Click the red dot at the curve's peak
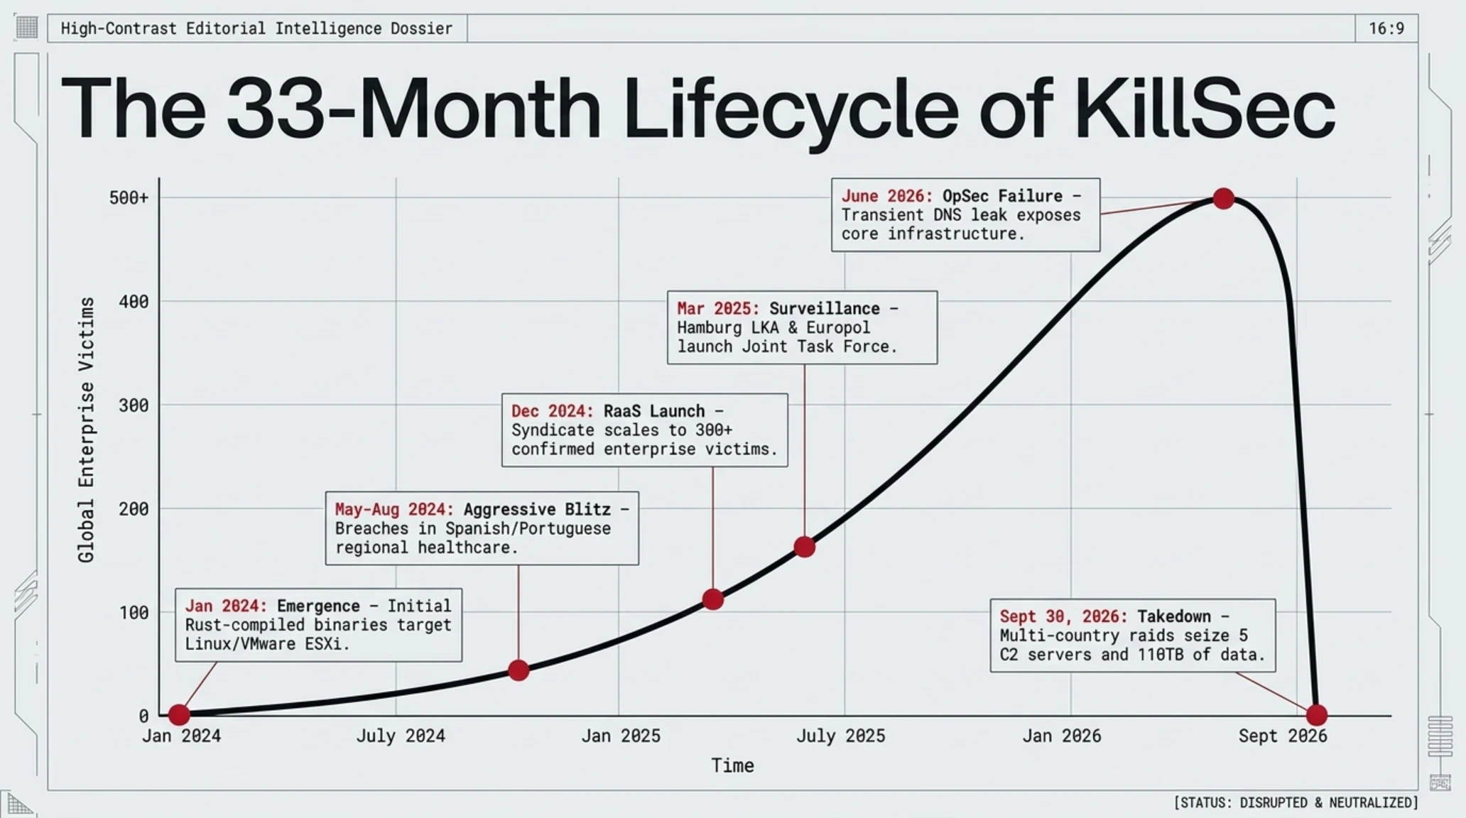click(1223, 199)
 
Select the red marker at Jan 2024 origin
click(179, 714)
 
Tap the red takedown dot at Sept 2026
click(1317, 714)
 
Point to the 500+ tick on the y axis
click(129, 198)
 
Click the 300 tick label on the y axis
click(134, 405)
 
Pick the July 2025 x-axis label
click(840, 736)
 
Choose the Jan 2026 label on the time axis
click(1062, 736)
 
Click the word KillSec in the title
click(1205, 109)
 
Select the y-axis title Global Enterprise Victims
click(86, 430)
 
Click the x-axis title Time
click(732, 765)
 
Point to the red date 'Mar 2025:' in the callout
click(718, 309)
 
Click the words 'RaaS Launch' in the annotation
click(654, 411)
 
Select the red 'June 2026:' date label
click(887, 196)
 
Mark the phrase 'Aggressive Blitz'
click(537, 509)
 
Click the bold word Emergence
click(318, 606)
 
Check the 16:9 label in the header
click(1386, 28)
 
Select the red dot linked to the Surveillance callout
click(804, 547)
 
